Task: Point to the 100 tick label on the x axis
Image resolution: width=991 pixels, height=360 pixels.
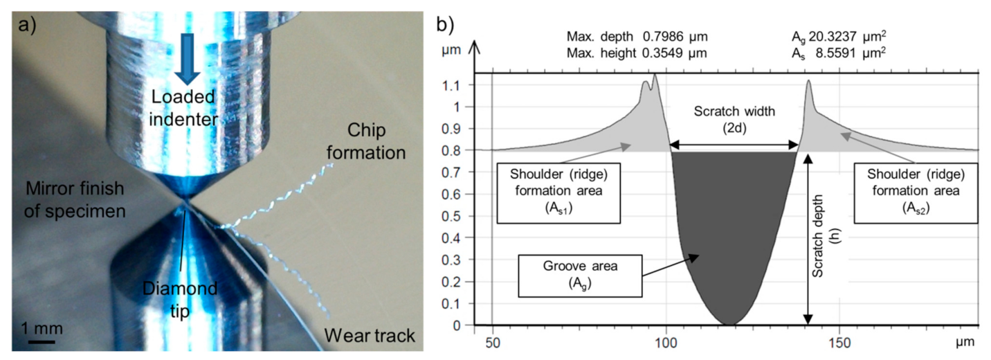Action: click(666, 341)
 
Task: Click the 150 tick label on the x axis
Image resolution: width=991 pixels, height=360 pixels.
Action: click(839, 341)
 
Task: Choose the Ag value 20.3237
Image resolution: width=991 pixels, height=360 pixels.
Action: click(868, 36)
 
